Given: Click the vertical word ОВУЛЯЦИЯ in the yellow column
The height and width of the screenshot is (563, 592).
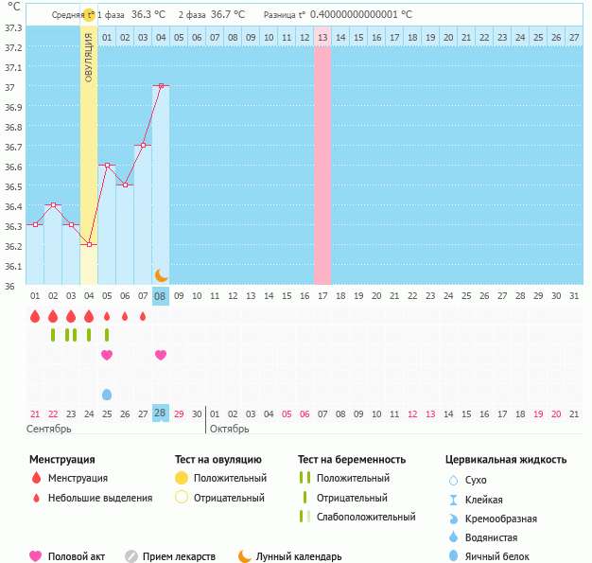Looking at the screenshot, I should pyautogui.click(x=88, y=58).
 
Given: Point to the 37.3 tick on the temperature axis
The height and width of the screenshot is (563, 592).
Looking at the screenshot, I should pyautogui.click(x=13, y=28).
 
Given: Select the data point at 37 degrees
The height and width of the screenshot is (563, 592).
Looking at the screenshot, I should pyautogui.click(x=161, y=86).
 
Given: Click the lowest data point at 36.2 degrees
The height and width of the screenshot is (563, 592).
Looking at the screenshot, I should pyautogui.click(x=89, y=244).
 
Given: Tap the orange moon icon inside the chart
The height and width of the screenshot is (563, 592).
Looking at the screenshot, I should pyautogui.click(x=161, y=274).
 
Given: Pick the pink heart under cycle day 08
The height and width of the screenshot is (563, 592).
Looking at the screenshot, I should pyautogui.click(x=161, y=355).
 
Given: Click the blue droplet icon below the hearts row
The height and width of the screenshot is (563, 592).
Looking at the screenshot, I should pyautogui.click(x=107, y=394).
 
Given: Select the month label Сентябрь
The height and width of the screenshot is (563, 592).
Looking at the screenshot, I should pyautogui.click(x=48, y=429).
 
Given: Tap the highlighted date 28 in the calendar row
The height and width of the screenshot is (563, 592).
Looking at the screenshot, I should pyautogui.click(x=161, y=413).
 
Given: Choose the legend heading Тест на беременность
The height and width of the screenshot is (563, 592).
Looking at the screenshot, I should pyautogui.click(x=351, y=460).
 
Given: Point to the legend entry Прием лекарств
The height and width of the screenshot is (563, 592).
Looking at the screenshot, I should pyautogui.click(x=179, y=556).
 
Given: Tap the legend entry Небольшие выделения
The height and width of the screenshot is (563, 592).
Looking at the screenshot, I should pyautogui.click(x=99, y=498).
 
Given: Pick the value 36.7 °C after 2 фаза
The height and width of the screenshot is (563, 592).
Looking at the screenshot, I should pyautogui.click(x=227, y=15).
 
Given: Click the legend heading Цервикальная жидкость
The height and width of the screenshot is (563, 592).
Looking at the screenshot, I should pyautogui.click(x=505, y=460).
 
